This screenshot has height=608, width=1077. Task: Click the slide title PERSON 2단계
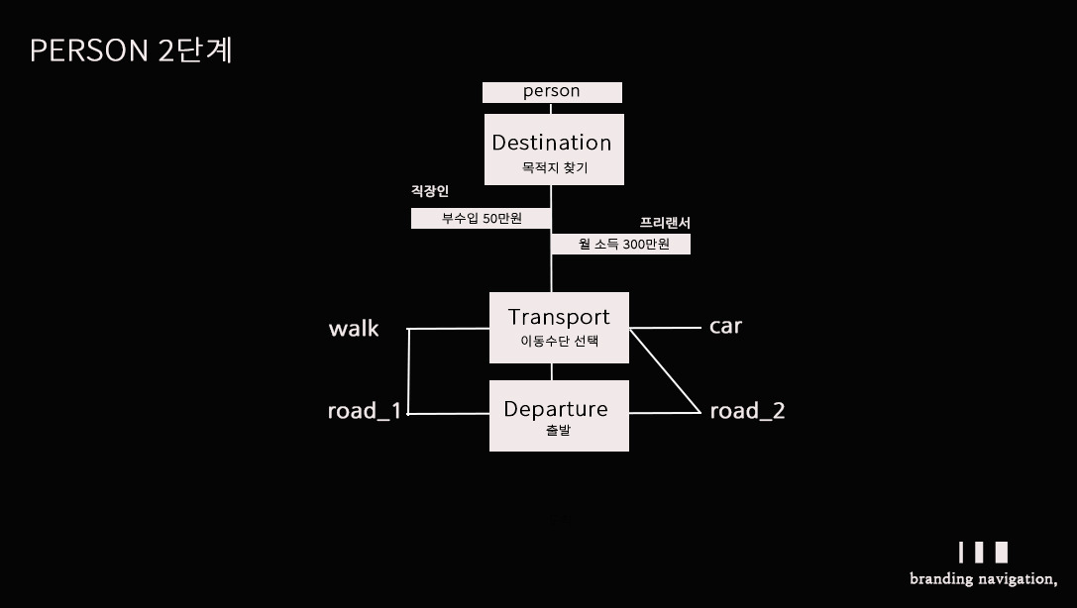(x=131, y=51)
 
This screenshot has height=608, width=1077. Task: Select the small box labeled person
(x=552, y=92)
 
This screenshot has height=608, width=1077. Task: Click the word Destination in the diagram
(x=552, y=143)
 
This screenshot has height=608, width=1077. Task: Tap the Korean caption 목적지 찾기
(x=554, y=168)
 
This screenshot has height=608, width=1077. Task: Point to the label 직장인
(x=430, y=191)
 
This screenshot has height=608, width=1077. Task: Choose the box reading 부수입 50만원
(x=482, y=219)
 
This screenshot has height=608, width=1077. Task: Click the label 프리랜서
(x=665, y=224)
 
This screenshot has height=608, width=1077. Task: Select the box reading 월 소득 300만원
(x=621, y=244)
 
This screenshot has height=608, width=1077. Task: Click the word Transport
(x=559, y=317)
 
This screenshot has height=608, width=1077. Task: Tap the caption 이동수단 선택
(x=559, y=343)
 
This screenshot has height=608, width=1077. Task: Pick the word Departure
(x=556, y=409)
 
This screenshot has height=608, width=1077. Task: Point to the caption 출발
(x=558, y=432)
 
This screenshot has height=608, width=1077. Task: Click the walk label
(x=354, y=329)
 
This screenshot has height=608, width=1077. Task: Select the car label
(x=725, y=326)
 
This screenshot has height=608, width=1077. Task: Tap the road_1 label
(x=365, y=411)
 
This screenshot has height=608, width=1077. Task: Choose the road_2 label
(x=747, y=411)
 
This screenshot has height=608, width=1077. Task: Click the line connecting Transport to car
(x=665, y=327)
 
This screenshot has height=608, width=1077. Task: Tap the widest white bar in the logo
(x=1002, y=553)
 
